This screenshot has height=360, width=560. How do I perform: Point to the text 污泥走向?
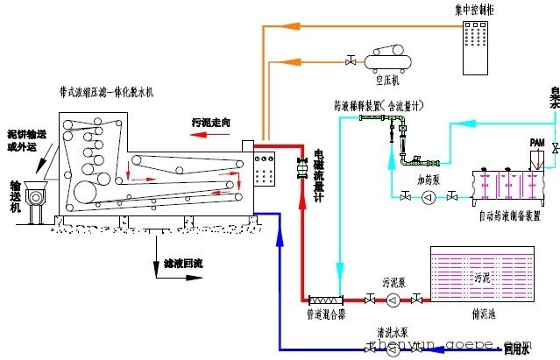pyautogui.click(x=210, y=123)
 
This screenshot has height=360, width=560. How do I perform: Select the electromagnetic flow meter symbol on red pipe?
pyautogui.click(x=300, y=164)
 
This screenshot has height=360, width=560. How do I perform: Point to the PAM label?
pyautogui.click(x=537, y=142)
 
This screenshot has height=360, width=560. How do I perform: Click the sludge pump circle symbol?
pyautogui.click(x=392, y=300)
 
